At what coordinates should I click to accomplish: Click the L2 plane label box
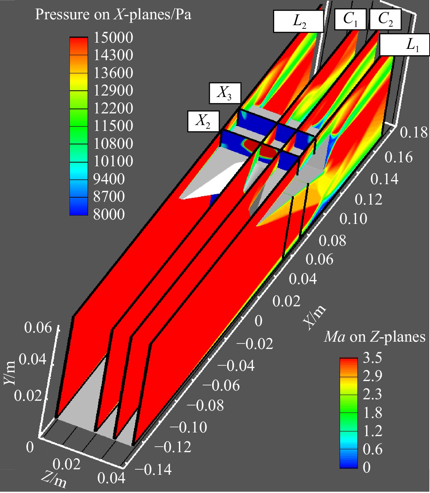[298, 21]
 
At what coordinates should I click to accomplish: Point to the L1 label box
[405, 44]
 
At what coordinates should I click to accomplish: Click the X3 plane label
[225, 93]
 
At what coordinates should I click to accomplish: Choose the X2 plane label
[203, 121]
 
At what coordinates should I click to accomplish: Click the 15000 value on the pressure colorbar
[113, 38]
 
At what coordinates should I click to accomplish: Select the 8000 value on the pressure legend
[109, 214]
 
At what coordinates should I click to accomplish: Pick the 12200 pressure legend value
[113, 108]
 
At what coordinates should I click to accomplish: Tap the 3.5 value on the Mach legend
[372, 357]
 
